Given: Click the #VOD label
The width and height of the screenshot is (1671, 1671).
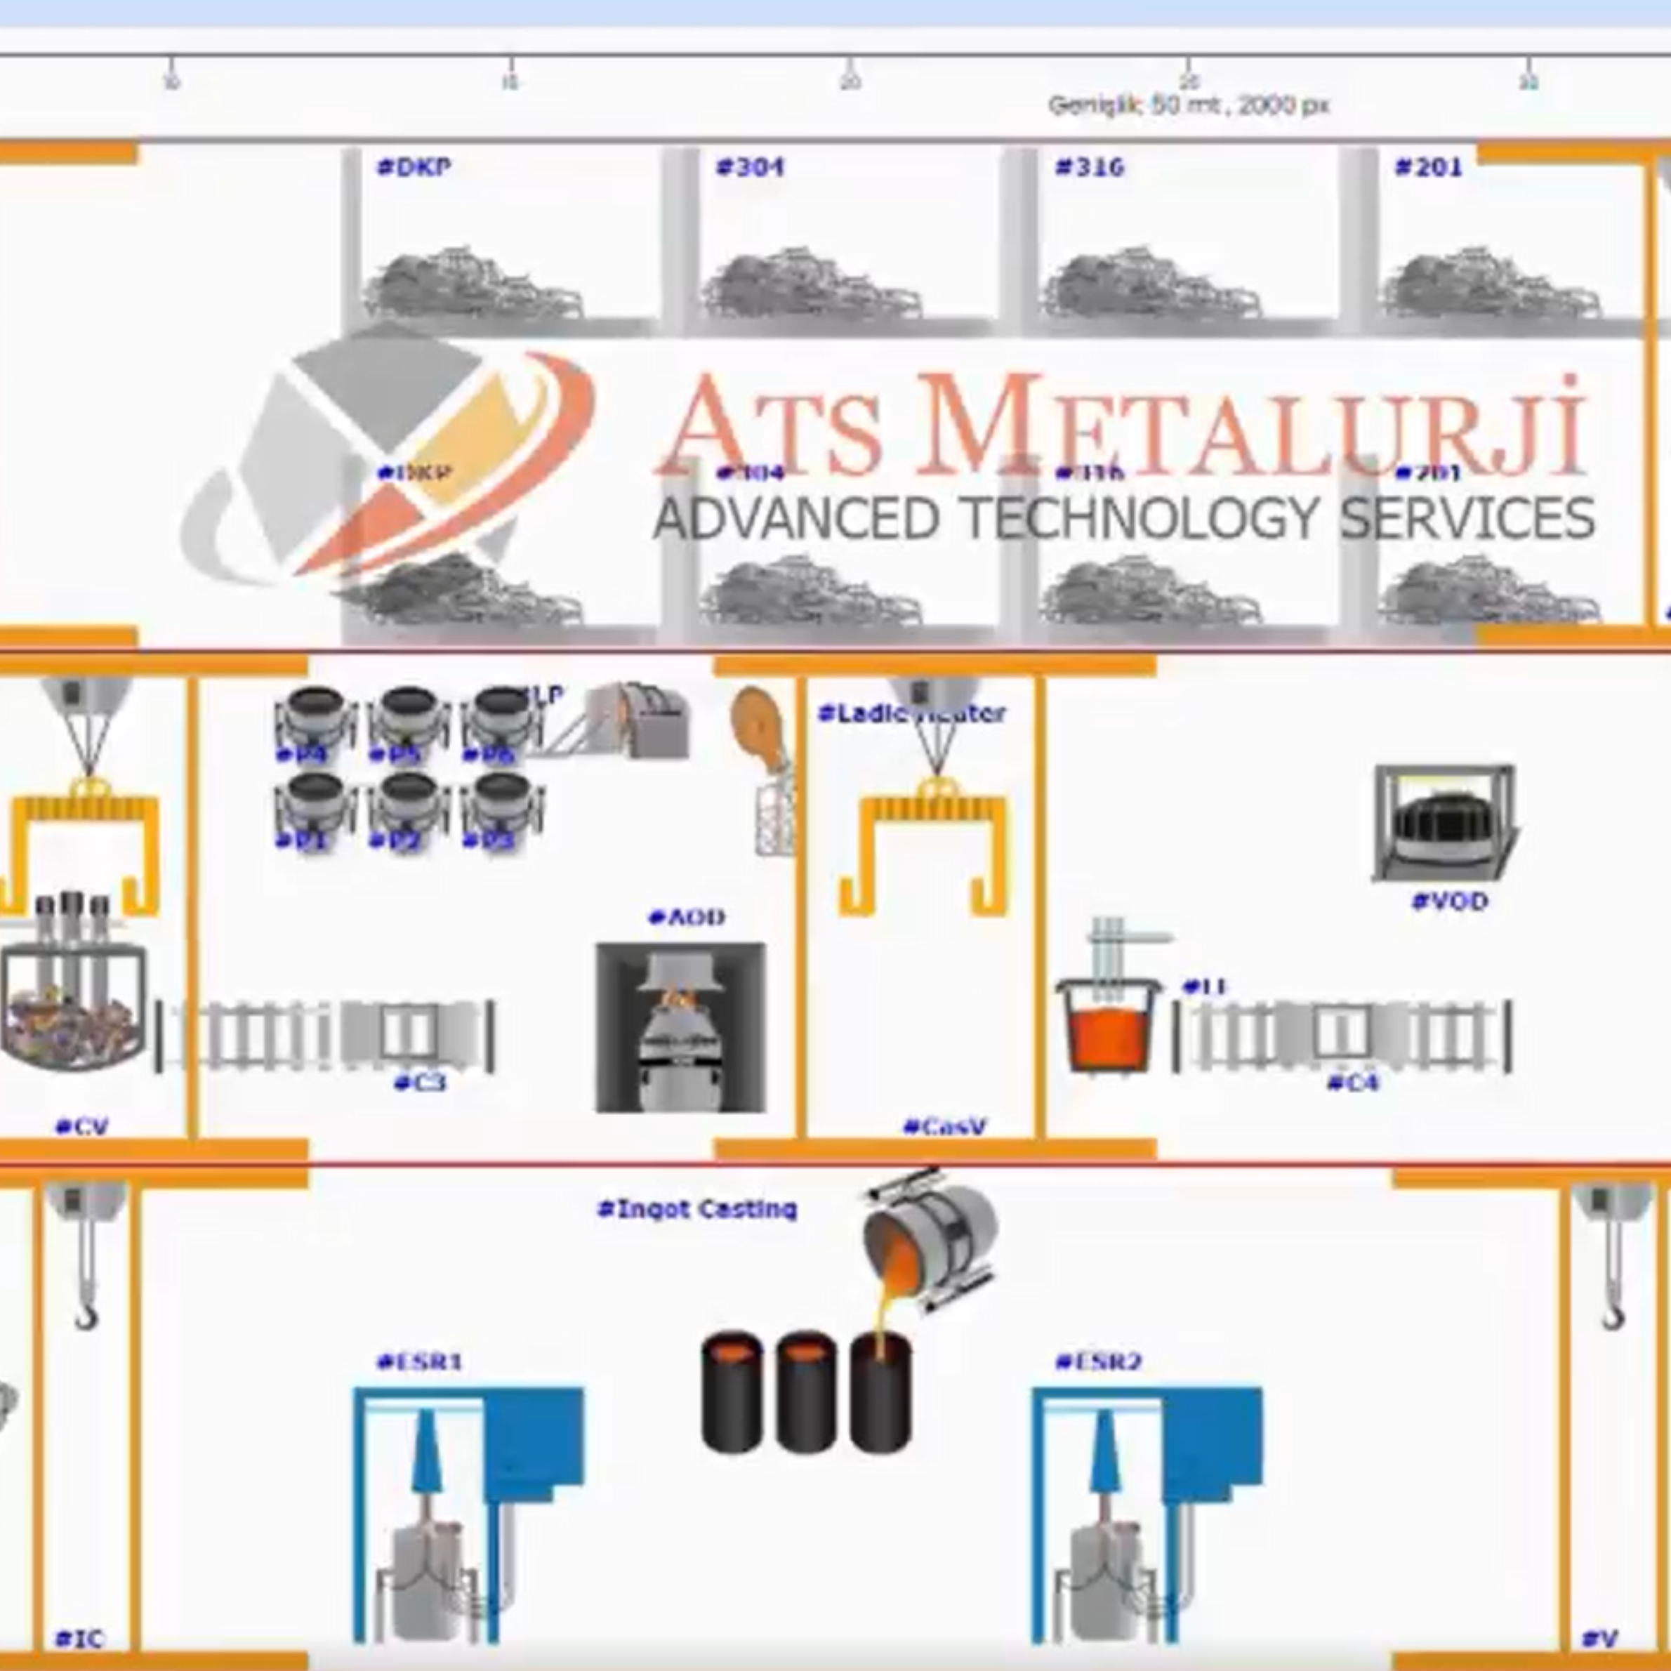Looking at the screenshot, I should point(1450,902).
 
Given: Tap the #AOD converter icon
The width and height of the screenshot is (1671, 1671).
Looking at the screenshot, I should point(680,1026).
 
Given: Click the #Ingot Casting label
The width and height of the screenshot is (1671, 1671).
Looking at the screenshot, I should point(697,1208).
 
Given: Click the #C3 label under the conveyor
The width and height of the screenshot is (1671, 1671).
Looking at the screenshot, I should point(421,1082).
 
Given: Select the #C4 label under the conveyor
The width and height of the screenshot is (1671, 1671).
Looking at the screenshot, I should point(1354,1082).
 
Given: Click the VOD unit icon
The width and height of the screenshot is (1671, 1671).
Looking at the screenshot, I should point(1444,823).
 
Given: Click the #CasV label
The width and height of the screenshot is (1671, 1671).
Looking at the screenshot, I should point(944,1126).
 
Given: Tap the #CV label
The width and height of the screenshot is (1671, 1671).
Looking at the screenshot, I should point(81,1126).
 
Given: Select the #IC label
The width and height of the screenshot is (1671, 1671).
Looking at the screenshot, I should point(79,1638).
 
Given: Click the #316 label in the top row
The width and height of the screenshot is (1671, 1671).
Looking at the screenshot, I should point(1090,166).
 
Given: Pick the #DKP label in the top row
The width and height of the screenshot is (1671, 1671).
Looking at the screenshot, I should point(414,166).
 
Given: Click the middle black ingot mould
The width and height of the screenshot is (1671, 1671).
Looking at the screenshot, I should point(806,1392).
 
